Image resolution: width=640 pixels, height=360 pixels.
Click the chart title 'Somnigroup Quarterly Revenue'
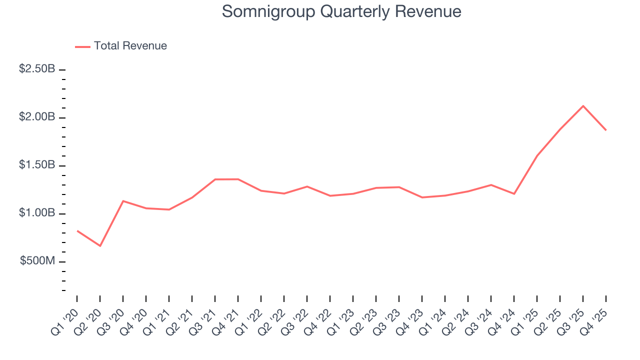pos(341,11)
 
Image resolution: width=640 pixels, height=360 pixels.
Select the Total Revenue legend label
pos(130,46)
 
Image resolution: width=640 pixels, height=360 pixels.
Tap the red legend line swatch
pos(82,46)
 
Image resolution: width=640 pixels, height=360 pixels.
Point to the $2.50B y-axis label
pos(37,69)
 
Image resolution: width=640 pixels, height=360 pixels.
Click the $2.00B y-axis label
pos(37,117)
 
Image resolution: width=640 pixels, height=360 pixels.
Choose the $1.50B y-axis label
pos(37,165)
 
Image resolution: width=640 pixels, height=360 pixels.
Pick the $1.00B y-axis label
pos(37,213)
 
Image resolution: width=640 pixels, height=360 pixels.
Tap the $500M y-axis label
pos(37,261)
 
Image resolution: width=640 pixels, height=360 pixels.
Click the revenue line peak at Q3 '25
pos(583,106)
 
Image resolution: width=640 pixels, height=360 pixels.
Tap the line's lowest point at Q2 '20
pos(100,246)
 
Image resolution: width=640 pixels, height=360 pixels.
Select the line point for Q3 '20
pos(123,201)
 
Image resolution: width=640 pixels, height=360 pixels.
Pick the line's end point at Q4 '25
pos(606,130)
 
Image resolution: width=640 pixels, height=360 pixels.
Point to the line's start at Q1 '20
pos(77,230)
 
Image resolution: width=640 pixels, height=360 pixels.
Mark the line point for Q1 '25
pos(537,155)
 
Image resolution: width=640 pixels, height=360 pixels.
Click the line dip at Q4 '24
pos(514,193)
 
